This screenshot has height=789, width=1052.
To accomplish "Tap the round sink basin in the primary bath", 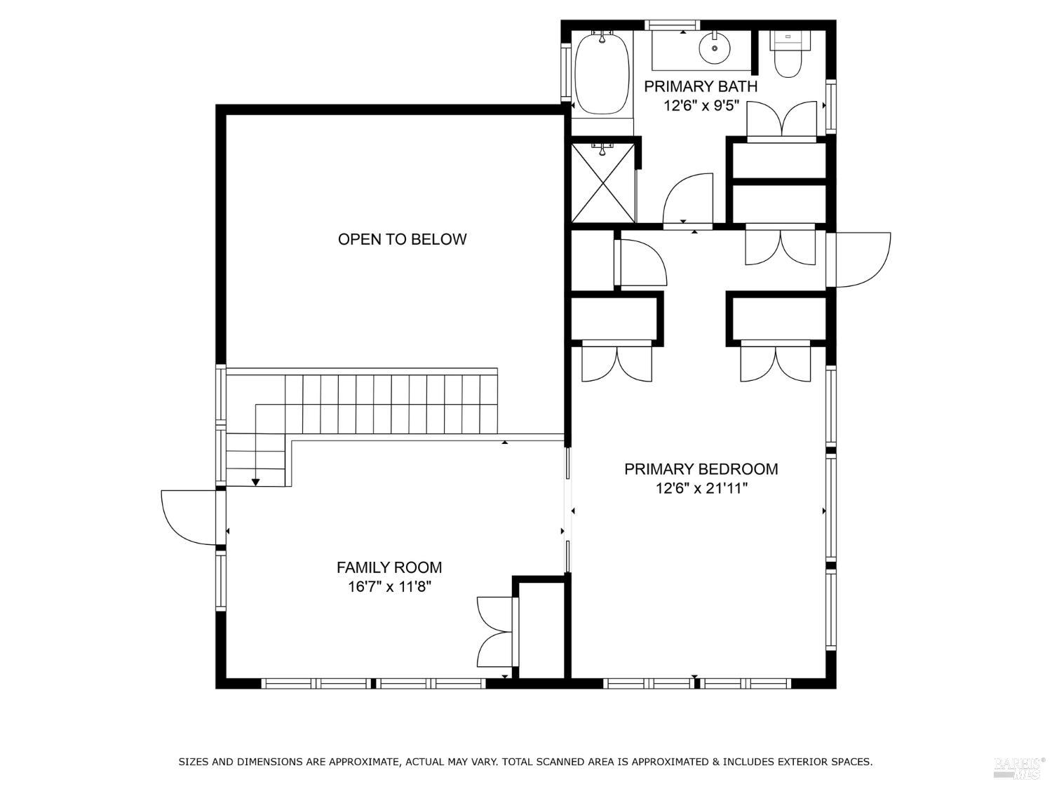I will pos(715,48).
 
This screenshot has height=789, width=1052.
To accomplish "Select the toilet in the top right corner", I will pos(788,56).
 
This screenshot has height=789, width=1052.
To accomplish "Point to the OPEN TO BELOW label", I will pos(402,239).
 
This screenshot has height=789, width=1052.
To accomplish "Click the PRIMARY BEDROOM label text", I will pos(701,469).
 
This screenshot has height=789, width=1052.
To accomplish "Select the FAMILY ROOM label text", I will pos(389,567).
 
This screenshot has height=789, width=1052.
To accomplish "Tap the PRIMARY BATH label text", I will pos(701,87).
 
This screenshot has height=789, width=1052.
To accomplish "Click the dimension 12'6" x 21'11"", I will pos(701,488).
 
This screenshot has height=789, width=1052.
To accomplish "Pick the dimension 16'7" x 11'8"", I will pos(389,586).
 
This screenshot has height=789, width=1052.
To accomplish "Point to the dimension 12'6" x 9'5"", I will pos(701,106).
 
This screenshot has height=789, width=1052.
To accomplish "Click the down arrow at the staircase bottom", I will pos(256,482).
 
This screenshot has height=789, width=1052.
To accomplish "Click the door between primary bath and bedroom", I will pos(688,200).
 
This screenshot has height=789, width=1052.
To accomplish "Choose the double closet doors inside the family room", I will pos(497,632).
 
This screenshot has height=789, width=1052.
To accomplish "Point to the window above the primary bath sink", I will pos(673,25).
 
